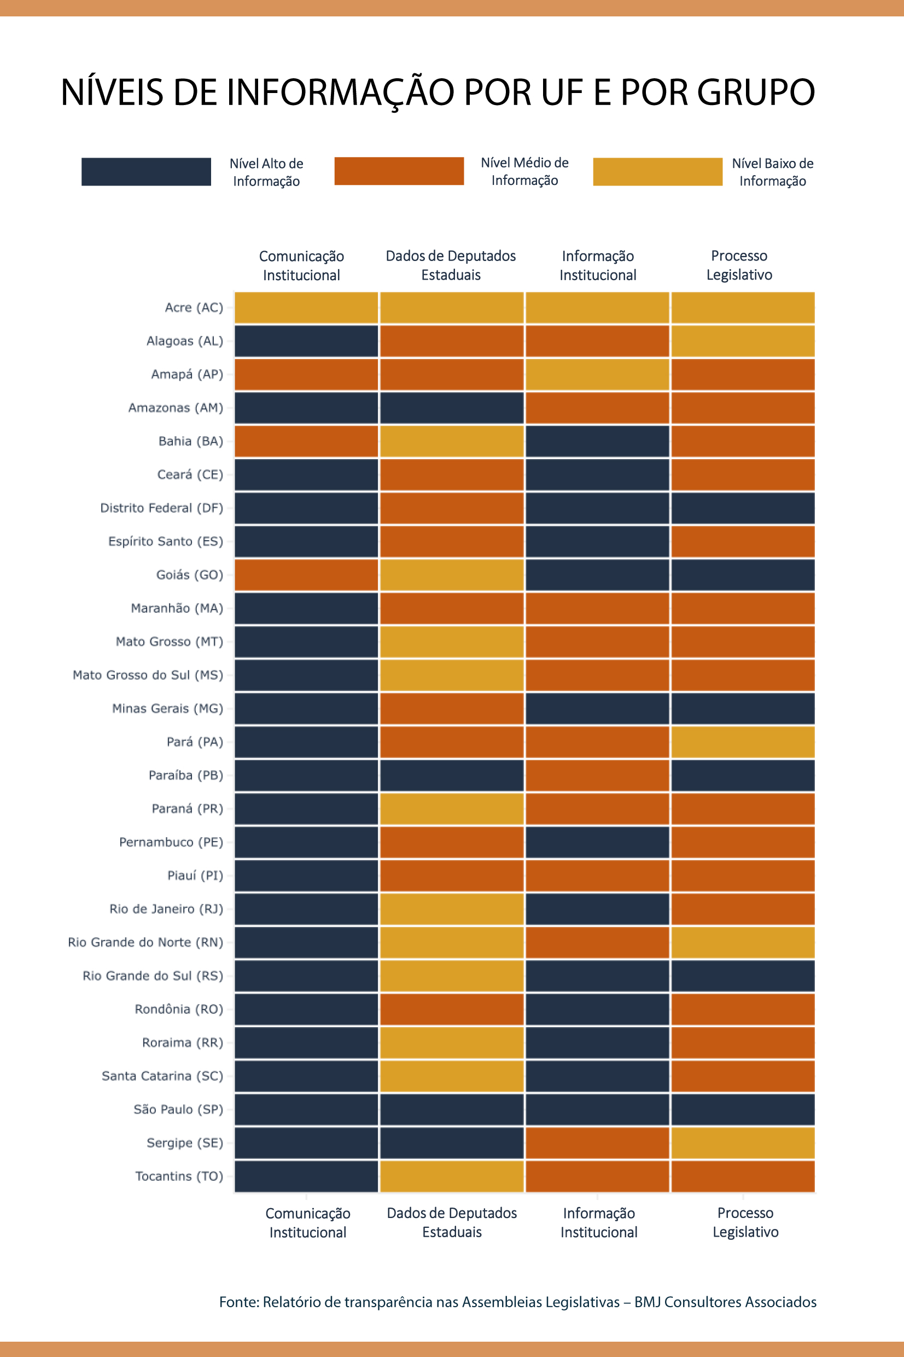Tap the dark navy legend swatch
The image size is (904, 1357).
(x=146, y=172)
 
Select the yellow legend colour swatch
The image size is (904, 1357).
(x=657, y=172)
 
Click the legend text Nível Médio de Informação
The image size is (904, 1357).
(x=524, y=172)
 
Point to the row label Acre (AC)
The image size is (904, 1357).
(x=194, y=308)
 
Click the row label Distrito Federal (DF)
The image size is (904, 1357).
(x=161, y=508)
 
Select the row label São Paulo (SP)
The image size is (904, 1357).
(x=178, y=1110)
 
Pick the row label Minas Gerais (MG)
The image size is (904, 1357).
(x=167, y=708)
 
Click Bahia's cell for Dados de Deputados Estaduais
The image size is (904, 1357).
(x=451, y=441)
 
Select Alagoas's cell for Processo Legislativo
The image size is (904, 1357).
(x=743, y=341)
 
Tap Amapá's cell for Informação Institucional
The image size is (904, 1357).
(x=597, y=374)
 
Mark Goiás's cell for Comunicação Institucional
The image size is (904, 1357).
(x=306, y=575)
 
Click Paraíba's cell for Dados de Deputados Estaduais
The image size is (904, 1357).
(x=451, y=775)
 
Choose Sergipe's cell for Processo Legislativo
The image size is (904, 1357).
(x=743, y=1143)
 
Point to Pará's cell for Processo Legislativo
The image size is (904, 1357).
(x=743, y=741)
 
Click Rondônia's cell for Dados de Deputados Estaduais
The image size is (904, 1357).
(x=451, y=1009)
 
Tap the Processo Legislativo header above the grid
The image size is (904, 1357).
(x=739, y=265)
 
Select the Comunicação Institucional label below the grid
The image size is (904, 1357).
(x=307, y=1222)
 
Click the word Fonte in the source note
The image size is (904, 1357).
(x=238, y=1302)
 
